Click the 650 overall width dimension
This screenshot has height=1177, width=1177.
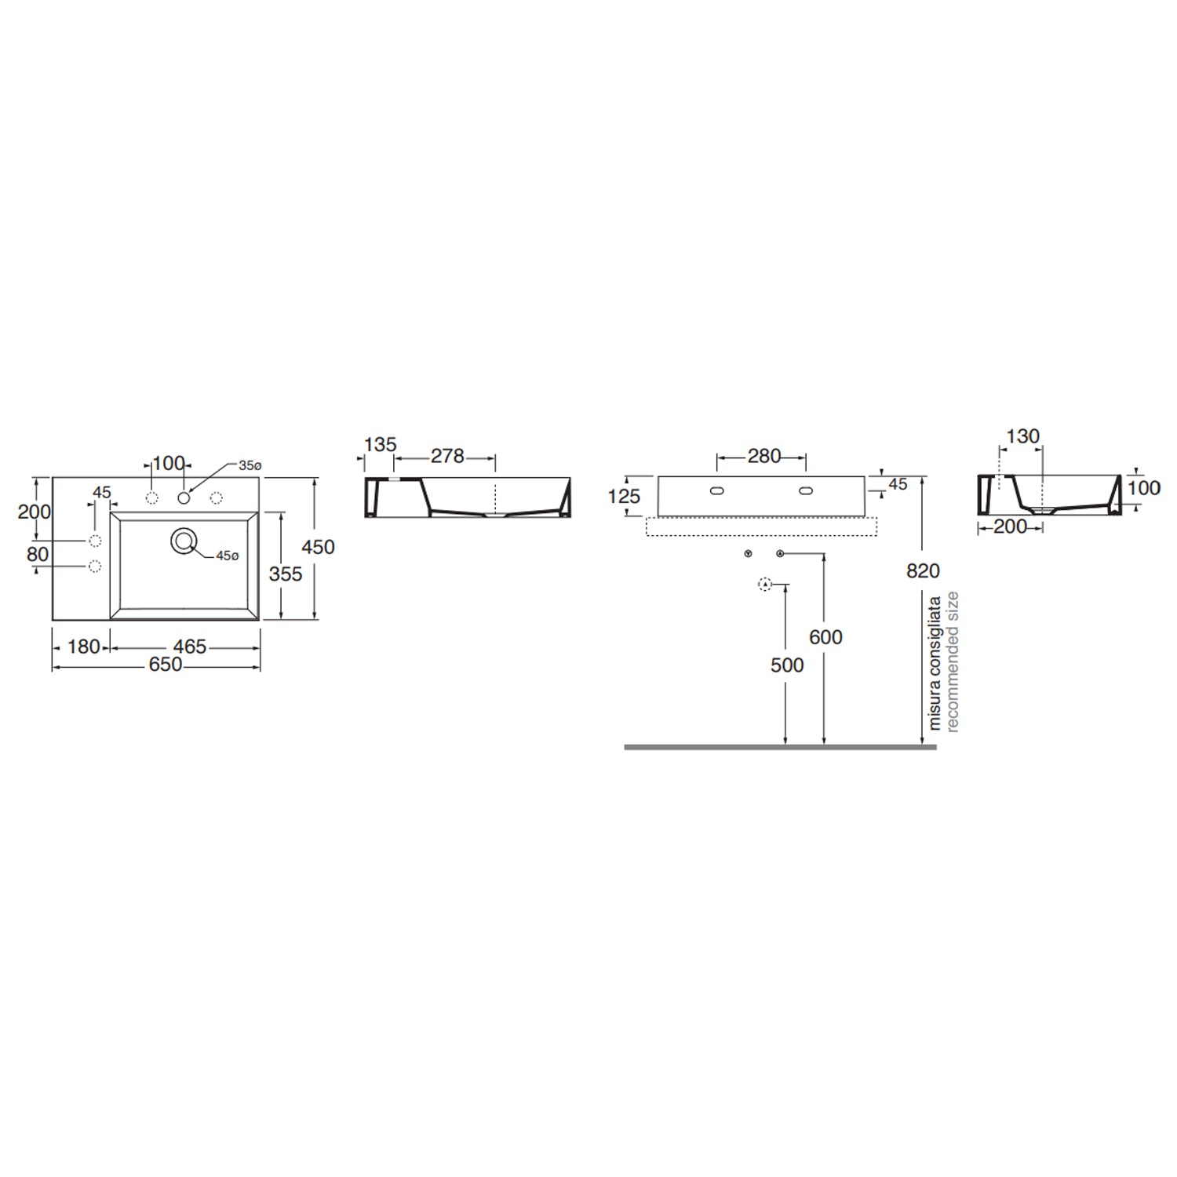click(166, 665)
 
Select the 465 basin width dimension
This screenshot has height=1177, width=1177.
click(190, 647)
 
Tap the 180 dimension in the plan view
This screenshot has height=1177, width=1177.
click(84, 647)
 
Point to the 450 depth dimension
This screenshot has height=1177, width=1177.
click(318, 547)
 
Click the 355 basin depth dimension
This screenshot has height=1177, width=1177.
click(286, 574)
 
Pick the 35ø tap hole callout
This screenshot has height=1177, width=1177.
click(250, 465)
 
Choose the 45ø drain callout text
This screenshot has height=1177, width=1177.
click(227, 556)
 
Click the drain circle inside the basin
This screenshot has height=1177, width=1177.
click(184, 541)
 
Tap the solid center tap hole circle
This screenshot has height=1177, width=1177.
click(184, 497)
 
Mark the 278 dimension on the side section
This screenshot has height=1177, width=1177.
click(447, 456)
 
